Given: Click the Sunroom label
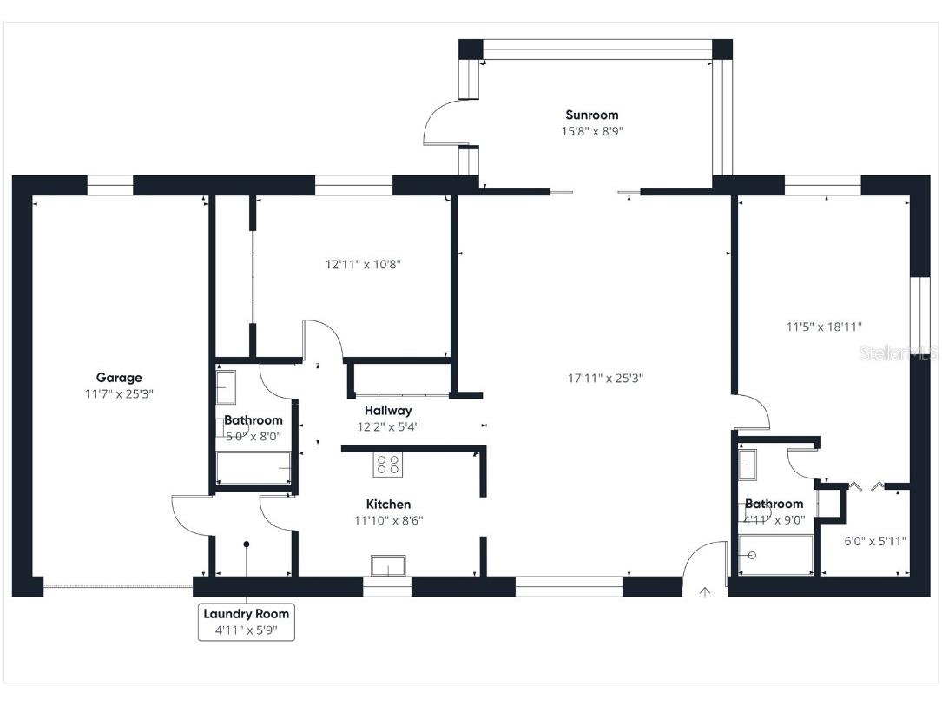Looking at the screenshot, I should point(591,115).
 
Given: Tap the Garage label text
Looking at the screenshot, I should point(119,378).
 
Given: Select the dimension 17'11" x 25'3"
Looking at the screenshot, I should point(605,378).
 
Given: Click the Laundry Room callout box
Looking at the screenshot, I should point(246,621).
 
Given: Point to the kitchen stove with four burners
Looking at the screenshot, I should point(387,465).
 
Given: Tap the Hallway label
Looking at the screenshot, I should point(387,410).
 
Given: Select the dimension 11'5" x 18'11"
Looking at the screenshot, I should point(824,327).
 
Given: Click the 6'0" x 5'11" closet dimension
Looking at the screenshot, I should point(875,541).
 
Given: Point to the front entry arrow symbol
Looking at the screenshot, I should point(705,593).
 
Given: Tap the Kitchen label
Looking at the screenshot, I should point(388,504).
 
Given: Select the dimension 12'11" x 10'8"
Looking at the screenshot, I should point(363,264).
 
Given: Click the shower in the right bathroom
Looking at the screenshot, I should point(775,555).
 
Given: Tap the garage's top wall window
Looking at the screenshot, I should point(110,185).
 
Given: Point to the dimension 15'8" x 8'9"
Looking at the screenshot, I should point(591,131).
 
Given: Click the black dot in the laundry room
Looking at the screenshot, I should point(247,544).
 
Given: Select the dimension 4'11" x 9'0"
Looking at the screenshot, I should point(774,520).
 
